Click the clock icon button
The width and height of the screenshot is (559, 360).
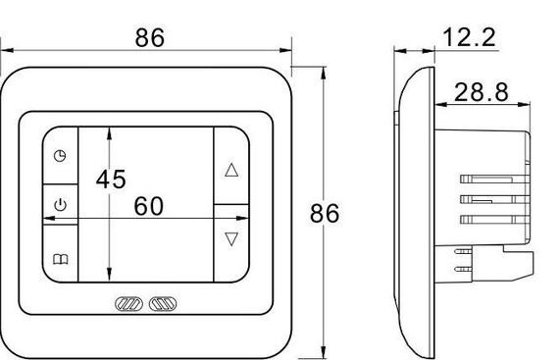tap(60, 156)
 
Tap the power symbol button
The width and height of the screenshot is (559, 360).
tap(60, 205)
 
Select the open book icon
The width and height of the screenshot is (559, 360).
tap(60, 259)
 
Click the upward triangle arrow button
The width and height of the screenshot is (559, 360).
tap(231, 170)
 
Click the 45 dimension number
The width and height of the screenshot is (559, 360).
tap(111, 179)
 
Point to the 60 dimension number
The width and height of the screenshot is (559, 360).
tap(149, 206)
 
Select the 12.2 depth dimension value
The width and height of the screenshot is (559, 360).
tap(469, 37)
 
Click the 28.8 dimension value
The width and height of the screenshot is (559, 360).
tap(482, 92)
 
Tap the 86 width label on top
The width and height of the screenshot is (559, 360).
tap(150, 37)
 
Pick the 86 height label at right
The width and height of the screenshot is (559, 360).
tap(325, 214)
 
